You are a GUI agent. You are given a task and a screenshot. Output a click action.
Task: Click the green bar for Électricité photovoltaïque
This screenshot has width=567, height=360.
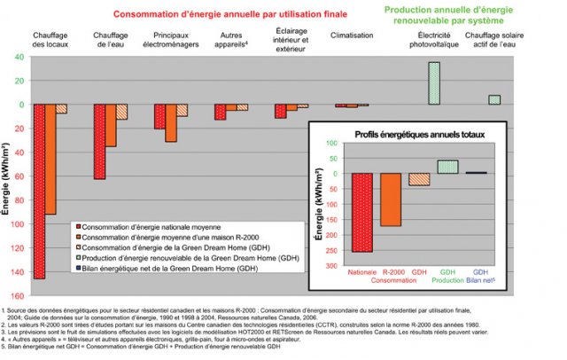point(434,82)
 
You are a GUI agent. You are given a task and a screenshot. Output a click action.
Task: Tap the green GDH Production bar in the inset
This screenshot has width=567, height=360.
point(447,166)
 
